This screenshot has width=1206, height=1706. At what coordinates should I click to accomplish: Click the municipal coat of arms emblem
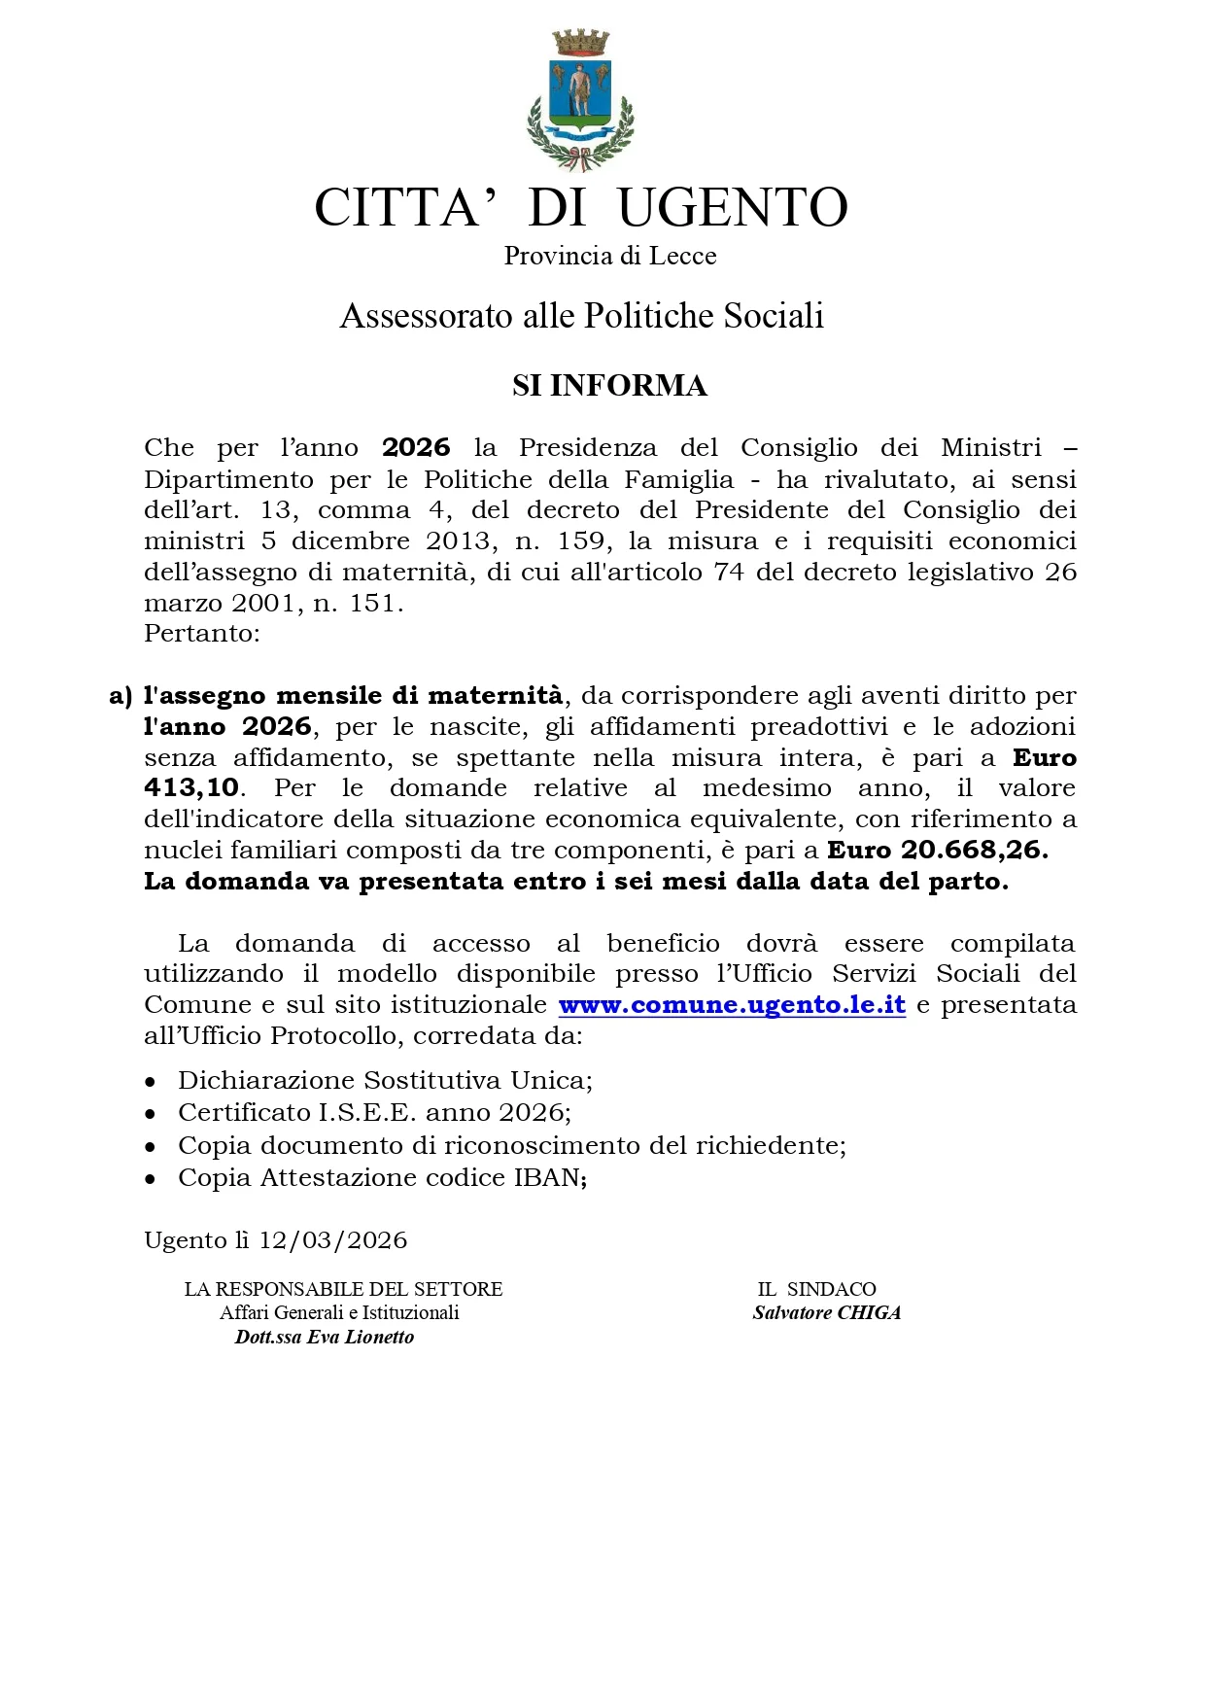point(580,97)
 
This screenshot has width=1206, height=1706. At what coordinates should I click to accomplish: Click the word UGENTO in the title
point(733,207)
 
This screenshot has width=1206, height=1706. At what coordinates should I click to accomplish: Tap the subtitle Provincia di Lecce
point(609,256)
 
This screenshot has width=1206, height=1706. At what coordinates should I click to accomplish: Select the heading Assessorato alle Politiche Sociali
point(581,316)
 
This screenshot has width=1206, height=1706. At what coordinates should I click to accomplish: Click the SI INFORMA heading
point(609,386)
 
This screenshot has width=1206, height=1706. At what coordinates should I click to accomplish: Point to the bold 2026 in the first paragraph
point(416,448)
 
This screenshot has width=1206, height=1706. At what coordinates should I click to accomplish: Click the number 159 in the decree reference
point(582,540)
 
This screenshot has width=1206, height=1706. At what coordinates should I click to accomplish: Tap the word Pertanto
point(201,633)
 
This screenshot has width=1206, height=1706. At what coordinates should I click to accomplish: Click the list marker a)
point(121,696)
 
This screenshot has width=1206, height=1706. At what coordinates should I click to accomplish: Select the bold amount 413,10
point(191,788)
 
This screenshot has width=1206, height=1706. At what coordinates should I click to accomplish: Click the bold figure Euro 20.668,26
point(938,851)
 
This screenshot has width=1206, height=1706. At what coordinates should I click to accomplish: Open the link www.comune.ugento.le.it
point(732,1005)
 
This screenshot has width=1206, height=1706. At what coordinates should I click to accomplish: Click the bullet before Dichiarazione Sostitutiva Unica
point(150,1081)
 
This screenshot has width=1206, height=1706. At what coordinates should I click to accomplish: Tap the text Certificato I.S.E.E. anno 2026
point(373,1112)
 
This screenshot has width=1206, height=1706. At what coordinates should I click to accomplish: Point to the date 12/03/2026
point(332,1240)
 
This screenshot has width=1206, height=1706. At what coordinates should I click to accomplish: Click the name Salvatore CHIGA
point(827,1313)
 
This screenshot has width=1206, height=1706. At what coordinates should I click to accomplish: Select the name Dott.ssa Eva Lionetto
point(325,1338)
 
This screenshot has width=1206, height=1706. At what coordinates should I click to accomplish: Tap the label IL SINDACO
point(817,1289)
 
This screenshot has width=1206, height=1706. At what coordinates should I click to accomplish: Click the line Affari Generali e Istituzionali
point(339,1313)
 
